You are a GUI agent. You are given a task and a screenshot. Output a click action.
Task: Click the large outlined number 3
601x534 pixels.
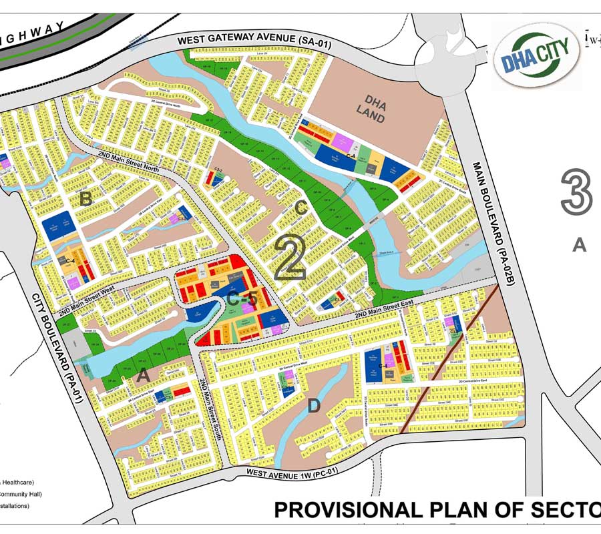(x=576, y=192)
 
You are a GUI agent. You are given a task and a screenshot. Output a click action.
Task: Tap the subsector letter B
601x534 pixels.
(x=85, y=199)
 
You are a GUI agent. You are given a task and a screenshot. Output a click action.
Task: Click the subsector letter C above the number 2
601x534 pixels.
(x=301, y=208)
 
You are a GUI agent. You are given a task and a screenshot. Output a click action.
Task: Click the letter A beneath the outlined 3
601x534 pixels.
(x=579, y=245)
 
